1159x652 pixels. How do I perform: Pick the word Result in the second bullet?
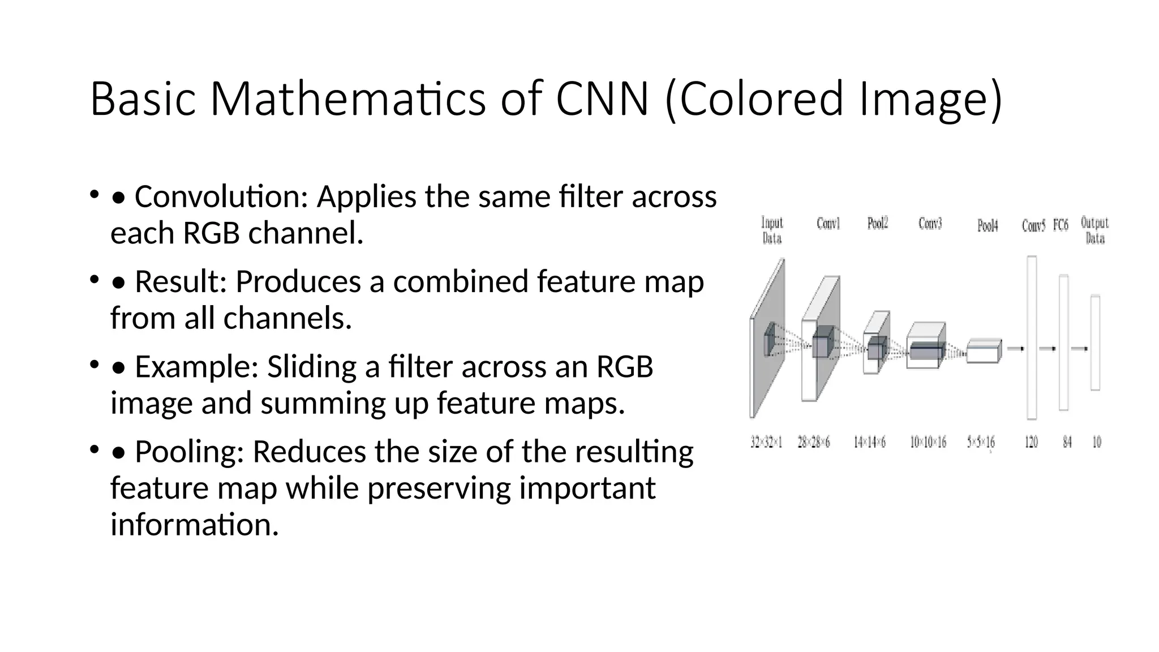tap(181, 282)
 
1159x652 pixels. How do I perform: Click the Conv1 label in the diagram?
tap(828, 224)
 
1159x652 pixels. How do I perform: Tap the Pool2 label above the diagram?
tap(878, 224)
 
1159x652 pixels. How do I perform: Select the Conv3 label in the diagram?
tap(930, 224)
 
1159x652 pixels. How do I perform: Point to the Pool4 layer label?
tap(988, 226)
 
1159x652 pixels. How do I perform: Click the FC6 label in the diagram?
tap(1061, 226)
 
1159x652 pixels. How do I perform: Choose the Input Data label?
tap(772, 230)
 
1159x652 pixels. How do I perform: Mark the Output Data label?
tap(1094, 230)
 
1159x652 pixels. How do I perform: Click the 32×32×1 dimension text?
tap(766, 442)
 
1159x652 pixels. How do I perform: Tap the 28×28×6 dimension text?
tap(814, 442)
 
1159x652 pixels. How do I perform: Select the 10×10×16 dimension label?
tap(928, 442)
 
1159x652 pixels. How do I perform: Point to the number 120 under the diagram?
tap(1031, 442)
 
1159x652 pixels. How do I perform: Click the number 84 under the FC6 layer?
tap(1067, 442)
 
